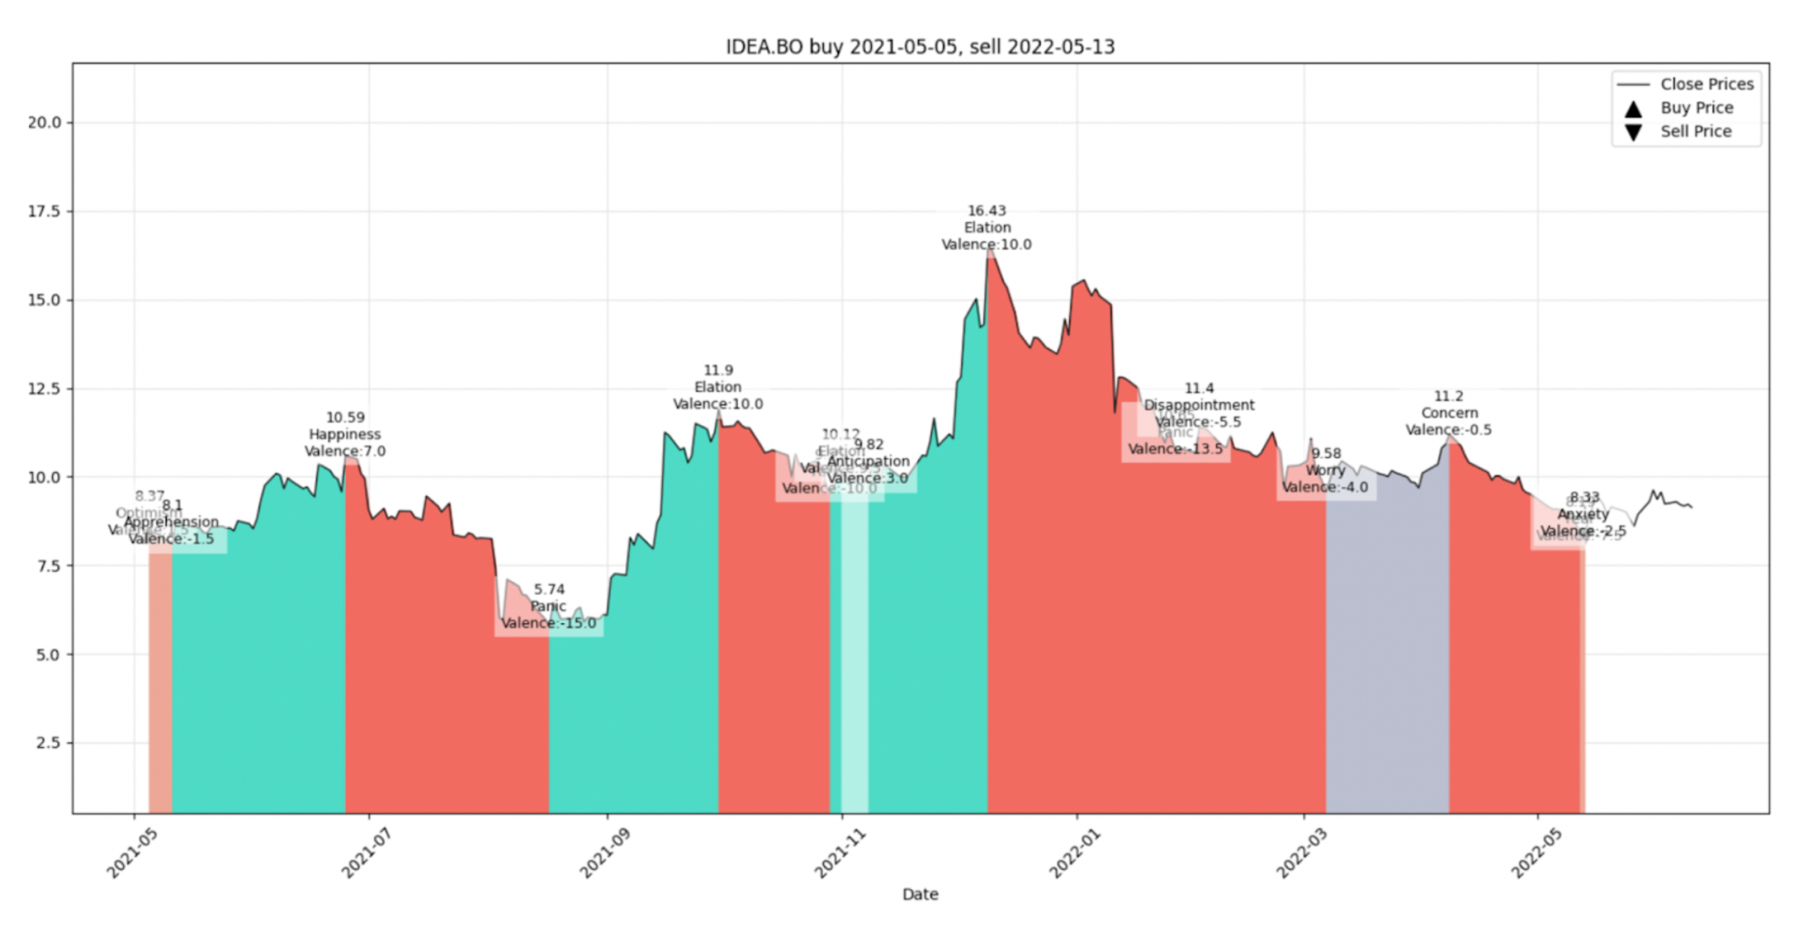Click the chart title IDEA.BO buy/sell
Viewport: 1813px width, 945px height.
[920, 47]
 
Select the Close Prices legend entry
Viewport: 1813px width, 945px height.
[1706, 84]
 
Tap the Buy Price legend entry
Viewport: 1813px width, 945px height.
[1696, 108]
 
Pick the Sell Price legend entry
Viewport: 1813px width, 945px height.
[1695, 131]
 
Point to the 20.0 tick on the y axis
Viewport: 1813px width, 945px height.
[44, 122]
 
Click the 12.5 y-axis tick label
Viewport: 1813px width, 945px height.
[44, 389]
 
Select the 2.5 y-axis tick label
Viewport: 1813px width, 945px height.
[48, 743]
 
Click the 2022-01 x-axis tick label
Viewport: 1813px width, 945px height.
[1074, 853]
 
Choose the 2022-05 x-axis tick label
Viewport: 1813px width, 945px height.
[1537, 853]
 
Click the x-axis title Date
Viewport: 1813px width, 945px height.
[920, 894]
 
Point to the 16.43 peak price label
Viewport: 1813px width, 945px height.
[987, 211]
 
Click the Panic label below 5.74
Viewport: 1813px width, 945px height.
[548, 607]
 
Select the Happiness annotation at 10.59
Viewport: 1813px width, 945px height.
[345, 435]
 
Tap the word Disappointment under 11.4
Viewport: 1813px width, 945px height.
[1198, 405]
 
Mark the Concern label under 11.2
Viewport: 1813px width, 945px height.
[1449, 413]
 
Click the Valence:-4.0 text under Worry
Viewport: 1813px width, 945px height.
[1325, 487]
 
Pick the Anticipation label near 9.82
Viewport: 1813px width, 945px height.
[868, 461]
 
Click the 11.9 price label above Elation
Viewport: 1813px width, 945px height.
[718, 370]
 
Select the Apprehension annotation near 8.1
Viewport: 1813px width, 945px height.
[171, 523]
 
